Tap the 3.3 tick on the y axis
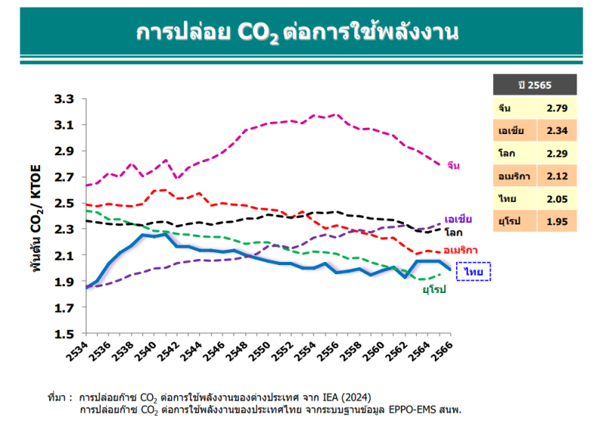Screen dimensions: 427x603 click(65, 99)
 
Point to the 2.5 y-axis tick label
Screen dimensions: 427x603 click(65, 203)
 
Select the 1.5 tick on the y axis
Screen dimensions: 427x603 click(65, 334)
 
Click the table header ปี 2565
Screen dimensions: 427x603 click(534, 84)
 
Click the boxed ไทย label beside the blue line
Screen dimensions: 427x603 click(473, 270)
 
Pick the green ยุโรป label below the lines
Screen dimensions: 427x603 click(433, 289)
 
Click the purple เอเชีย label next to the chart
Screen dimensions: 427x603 click(458, 219)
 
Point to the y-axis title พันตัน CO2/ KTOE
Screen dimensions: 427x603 click(37, 218)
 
